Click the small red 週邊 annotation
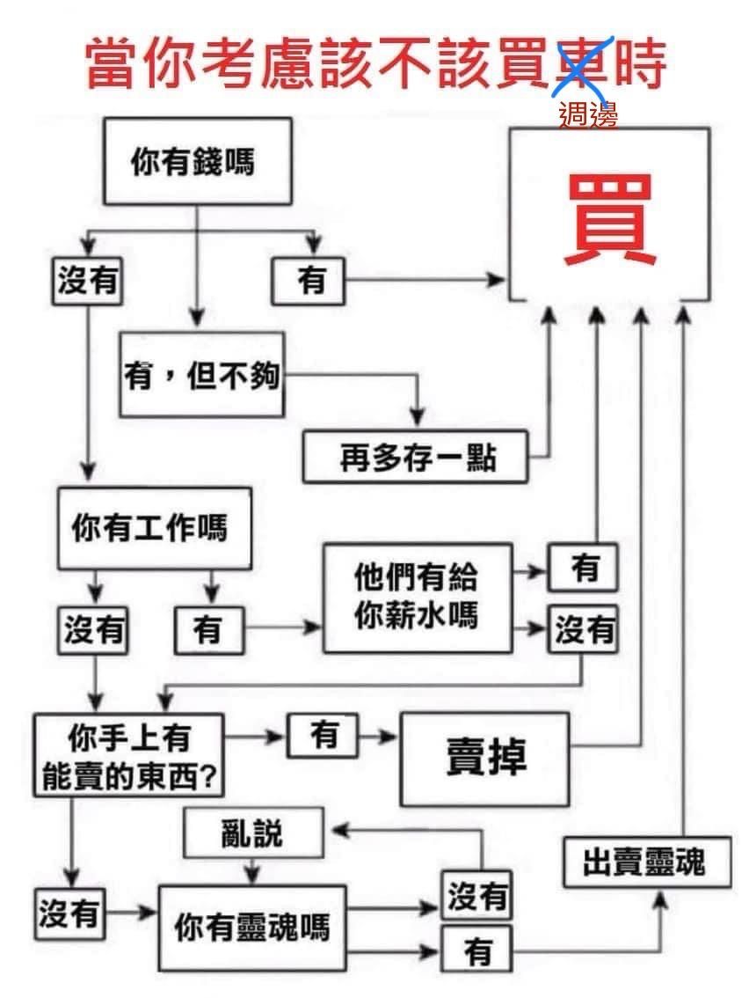[x=588, y=114]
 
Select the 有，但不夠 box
[x=202, y=375]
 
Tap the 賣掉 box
[x=485, y=758]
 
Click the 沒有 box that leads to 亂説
[x=477, y=897]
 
